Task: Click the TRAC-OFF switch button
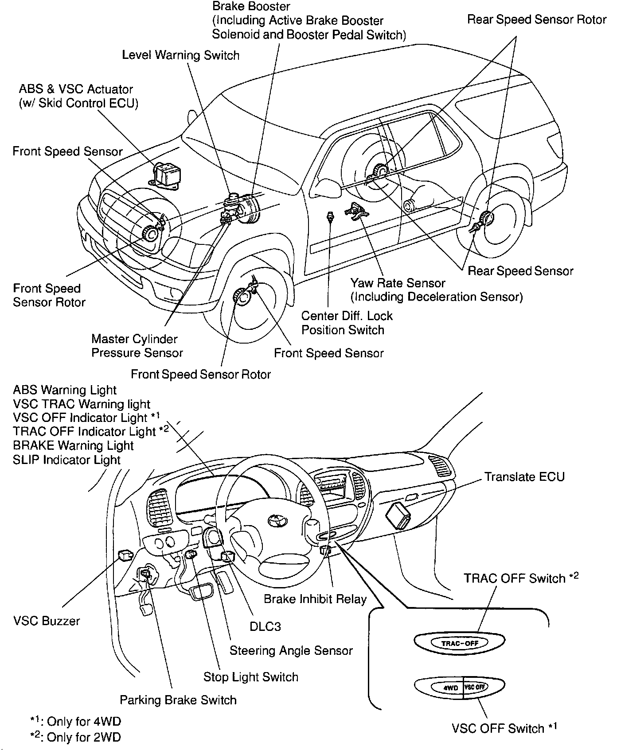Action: pos(460,643)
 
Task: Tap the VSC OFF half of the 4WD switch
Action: pos(475,687)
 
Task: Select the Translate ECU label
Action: pos(524,477)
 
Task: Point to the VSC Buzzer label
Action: pos(47,621)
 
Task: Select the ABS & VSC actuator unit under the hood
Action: pos(167,176)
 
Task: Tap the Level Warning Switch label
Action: pos(180,55)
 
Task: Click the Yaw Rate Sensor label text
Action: pos(398,283)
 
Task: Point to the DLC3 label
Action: pos(265,626)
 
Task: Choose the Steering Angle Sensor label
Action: pos(291,650)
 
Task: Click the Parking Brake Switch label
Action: pos(178,700)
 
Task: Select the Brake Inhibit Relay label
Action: pos(315,599)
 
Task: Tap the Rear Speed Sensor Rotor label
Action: pos(537,20)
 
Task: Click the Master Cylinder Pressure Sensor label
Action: pos(137,346)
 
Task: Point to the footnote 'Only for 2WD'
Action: pos(75,737)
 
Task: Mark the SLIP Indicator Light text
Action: pos(66,460)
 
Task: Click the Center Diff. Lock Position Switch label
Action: pos(347,323)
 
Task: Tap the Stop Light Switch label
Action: pos(250,677)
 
